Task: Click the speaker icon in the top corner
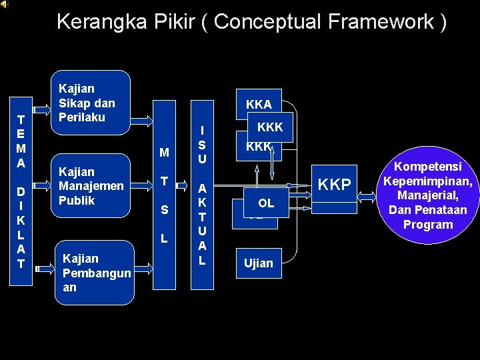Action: [4, 4]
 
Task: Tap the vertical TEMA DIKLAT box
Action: [21, 190]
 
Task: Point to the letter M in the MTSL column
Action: [163, 154]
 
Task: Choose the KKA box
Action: [259, 104]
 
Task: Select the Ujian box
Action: [259, 263]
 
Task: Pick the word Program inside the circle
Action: [428, 225]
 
